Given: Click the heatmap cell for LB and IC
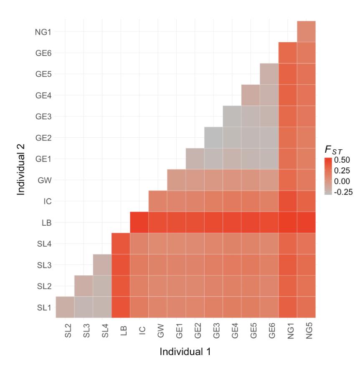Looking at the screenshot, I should point(139,222).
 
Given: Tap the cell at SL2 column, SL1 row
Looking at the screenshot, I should point(65,307).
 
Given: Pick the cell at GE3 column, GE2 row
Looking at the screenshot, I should point(213,138).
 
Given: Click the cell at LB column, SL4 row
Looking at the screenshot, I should point(121,244).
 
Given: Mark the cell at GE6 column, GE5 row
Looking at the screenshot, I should point(269,74).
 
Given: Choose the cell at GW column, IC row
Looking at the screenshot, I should point(158,201).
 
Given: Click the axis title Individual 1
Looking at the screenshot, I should point(185,353).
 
